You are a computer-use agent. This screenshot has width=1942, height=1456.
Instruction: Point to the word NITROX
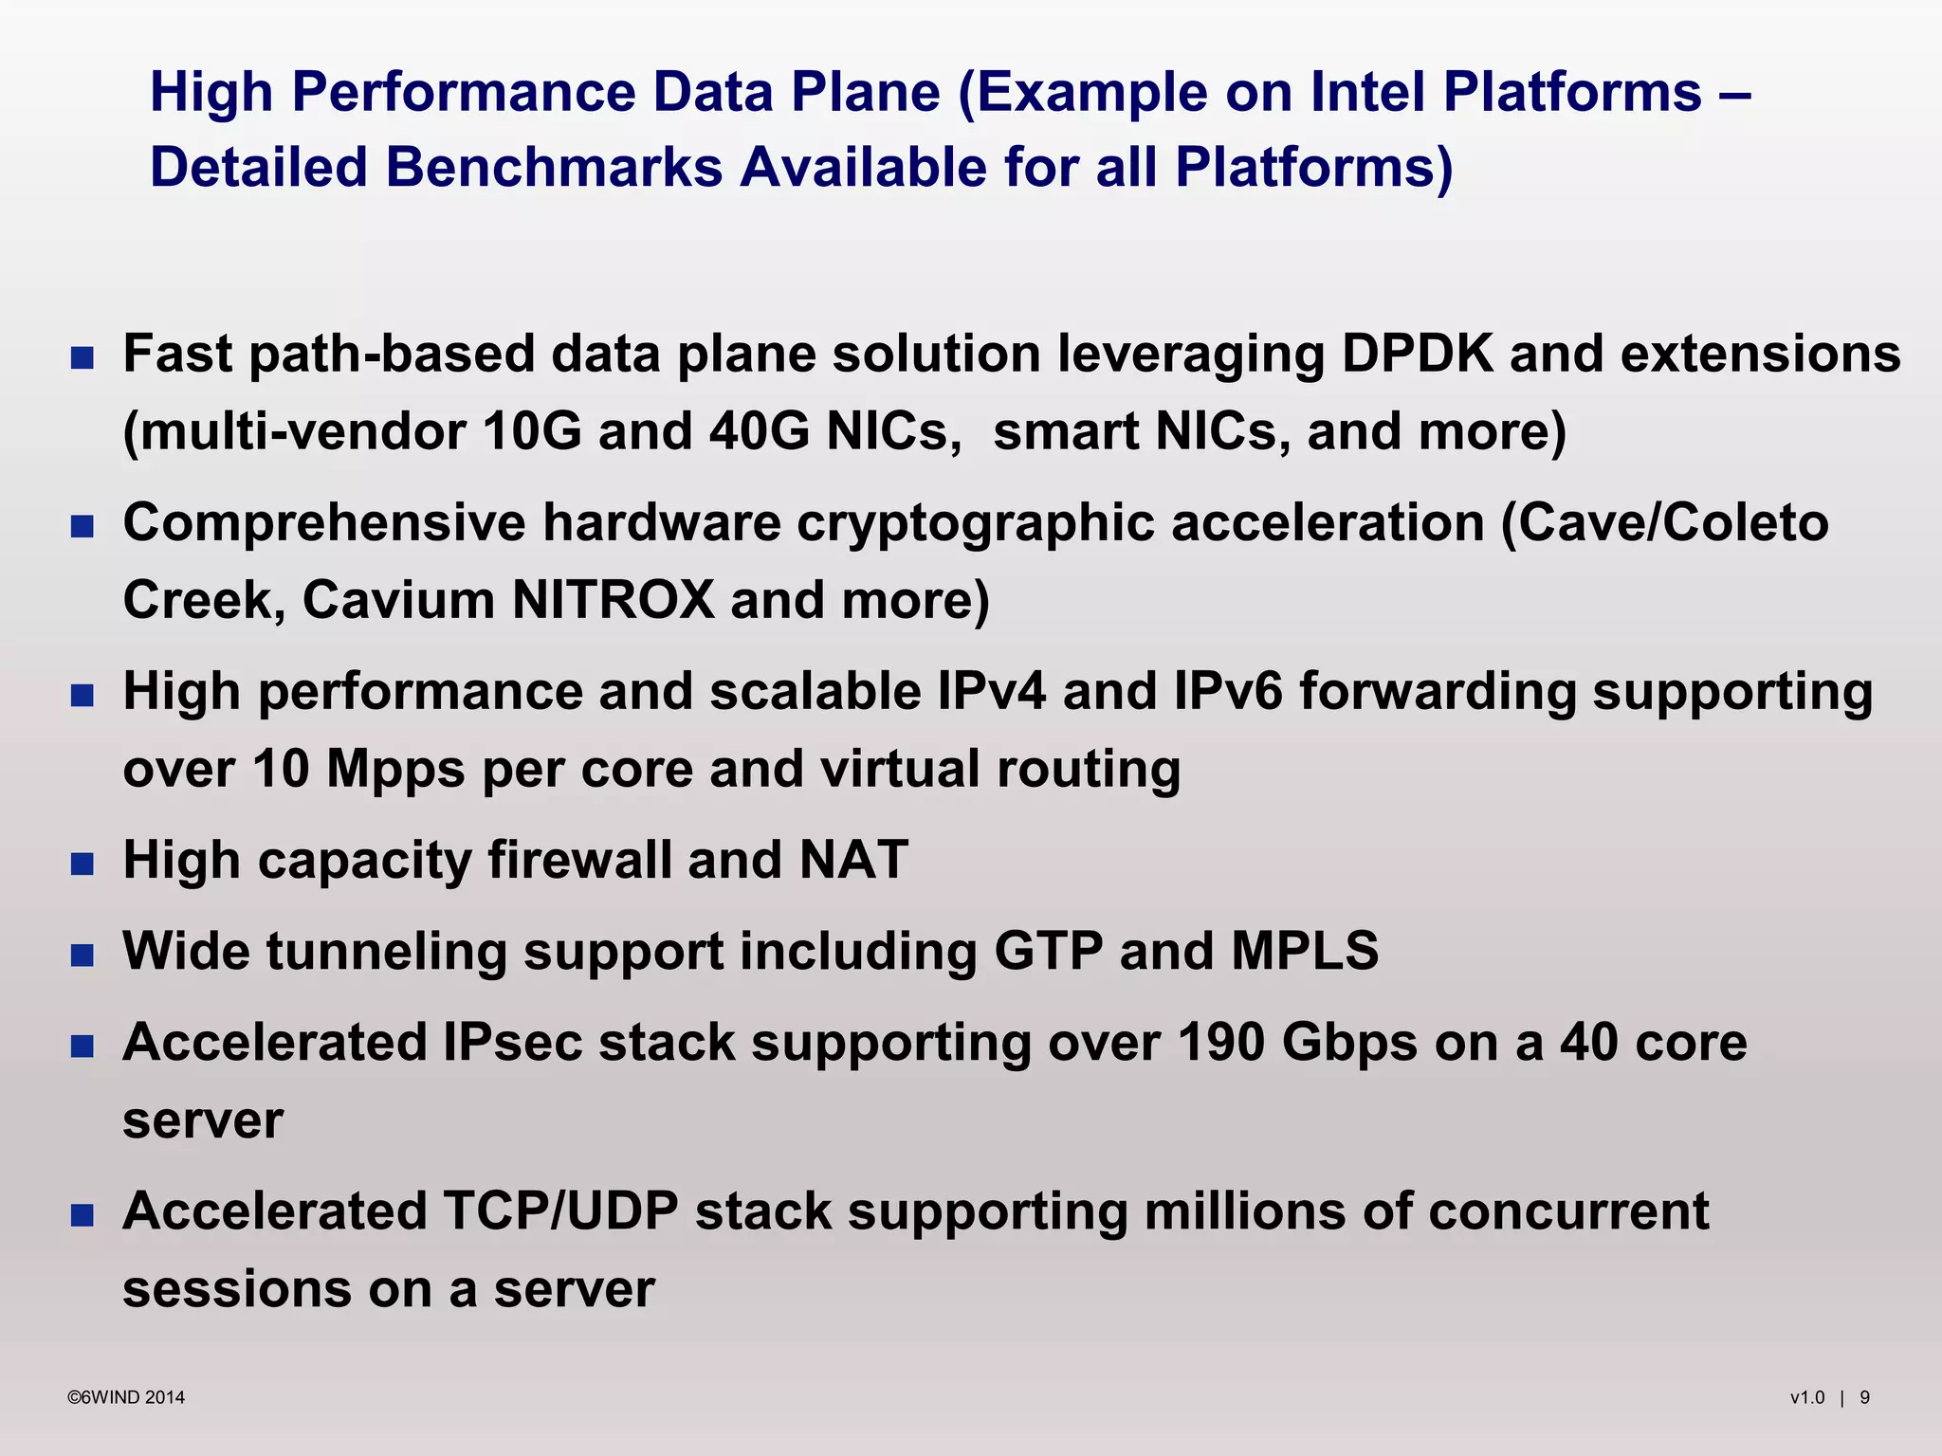pos(613,601)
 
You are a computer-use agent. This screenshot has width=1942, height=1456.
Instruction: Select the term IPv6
pos(1228,691)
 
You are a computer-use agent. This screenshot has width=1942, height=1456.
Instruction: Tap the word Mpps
pos(395,769)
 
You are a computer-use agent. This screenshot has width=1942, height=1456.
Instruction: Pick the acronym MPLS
pos(1305,951)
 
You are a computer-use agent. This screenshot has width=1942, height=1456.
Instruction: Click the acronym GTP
pos(1048,951)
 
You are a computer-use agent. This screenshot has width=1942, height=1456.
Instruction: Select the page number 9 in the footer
pos(1864,1397)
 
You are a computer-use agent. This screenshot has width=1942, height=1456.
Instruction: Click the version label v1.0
pos(1806,1397)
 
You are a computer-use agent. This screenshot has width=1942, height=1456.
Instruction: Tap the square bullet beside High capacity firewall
pos(82,864)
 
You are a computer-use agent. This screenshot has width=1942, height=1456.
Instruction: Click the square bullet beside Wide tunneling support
pos(82,955)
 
